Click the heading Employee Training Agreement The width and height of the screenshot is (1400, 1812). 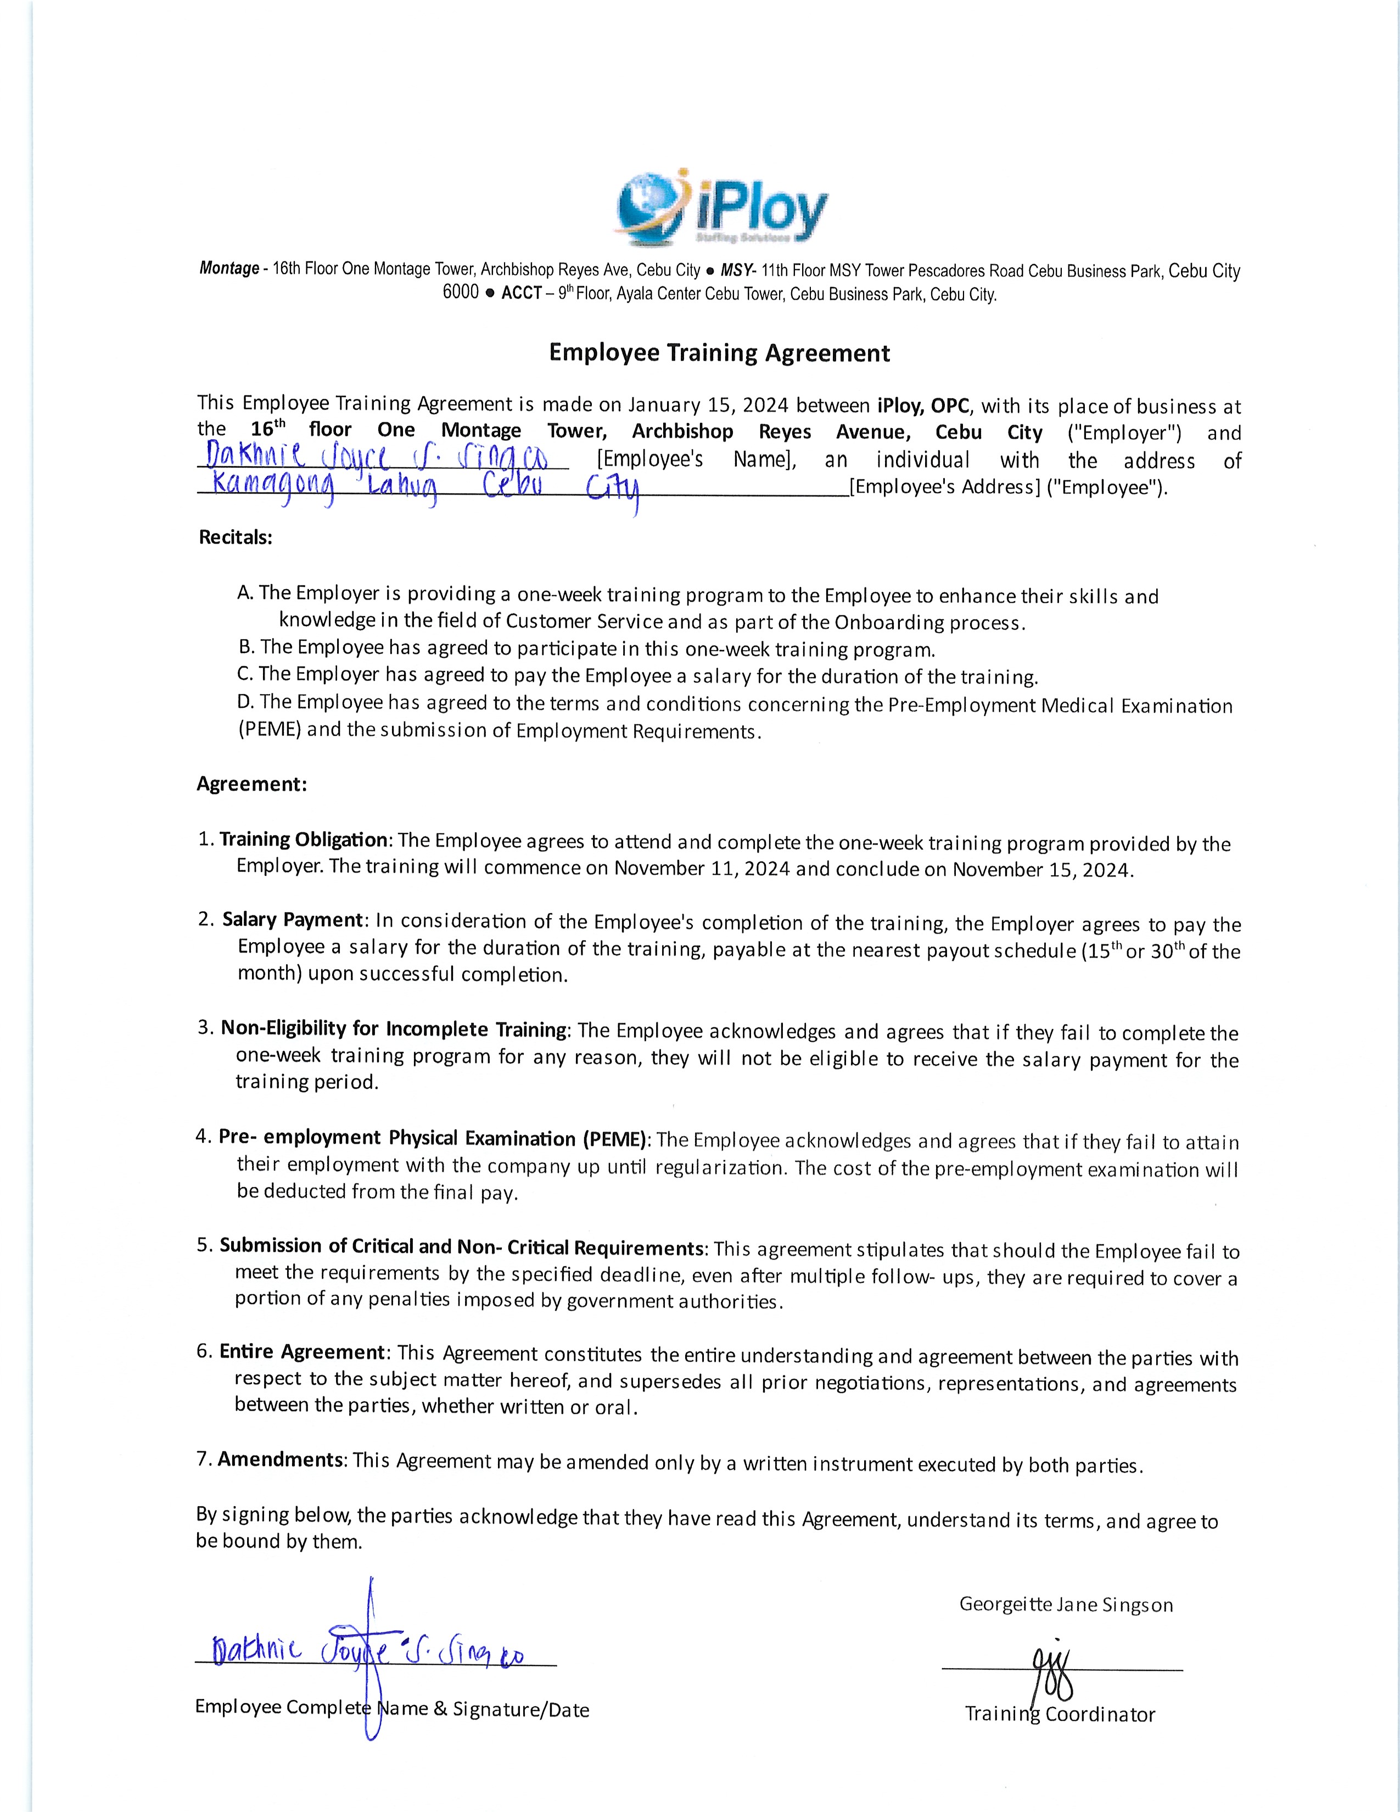pyautogui.click(x=719, y=354)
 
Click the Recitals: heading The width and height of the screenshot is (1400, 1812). pyautogui.click(x=236, y=537)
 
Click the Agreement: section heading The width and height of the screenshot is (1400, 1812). pyautogui.click(x=251, y=784)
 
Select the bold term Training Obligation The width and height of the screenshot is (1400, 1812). pyautogui.click(x=303, y=840)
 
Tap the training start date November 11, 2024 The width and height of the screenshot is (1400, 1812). pyautogui.click(x=703, y=869)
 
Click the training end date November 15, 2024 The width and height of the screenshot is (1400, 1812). pyautogui.click(x=1041, y=870)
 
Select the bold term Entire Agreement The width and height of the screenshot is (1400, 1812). pyautogui.click(x=302, y=1351)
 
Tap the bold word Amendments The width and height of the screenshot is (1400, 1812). pyautogui.click(x=281, y=1459)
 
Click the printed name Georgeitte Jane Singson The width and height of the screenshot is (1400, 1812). pyautogui.click(x=1066, y=1604)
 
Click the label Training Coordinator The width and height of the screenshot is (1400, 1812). pyautogui.click(x=1060, y=1714)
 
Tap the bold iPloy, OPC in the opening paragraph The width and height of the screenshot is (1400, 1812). pyautogui.click(x=923, y=406)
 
